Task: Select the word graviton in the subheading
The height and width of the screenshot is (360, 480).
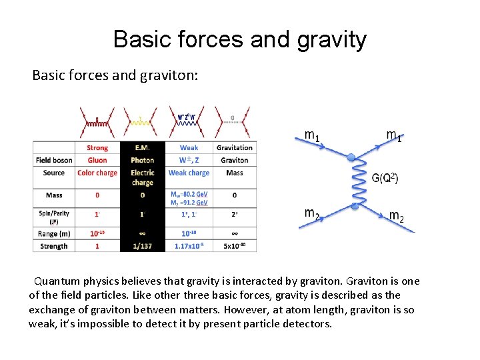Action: [x=173, y=75]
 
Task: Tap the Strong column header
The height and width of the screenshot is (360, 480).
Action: [x=97, y=147]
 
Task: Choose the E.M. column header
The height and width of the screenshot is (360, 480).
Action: [x=142, y=147]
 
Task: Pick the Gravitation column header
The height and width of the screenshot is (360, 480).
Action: [x=234, y=147]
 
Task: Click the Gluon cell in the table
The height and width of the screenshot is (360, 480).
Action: [x=97, y=160]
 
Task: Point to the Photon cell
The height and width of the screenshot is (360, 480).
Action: [x=142, y=160]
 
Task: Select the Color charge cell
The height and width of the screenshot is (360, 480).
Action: [x=97, y=173]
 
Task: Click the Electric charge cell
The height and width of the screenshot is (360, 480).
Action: [x=142, y=177]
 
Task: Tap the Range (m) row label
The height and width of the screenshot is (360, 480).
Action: [x=54, y=233]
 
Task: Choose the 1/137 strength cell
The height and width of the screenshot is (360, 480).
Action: [x=142, y=246]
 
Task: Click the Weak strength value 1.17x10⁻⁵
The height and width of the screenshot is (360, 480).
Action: [x=189, y=246]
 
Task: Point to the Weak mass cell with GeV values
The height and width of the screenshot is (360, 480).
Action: [x=189, y=198]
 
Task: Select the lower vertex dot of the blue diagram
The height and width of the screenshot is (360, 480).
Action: [x=355, y=207]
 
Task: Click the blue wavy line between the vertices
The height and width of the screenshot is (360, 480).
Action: [x=354, y=182]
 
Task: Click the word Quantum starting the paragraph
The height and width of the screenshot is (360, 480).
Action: [x=57, y=281]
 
